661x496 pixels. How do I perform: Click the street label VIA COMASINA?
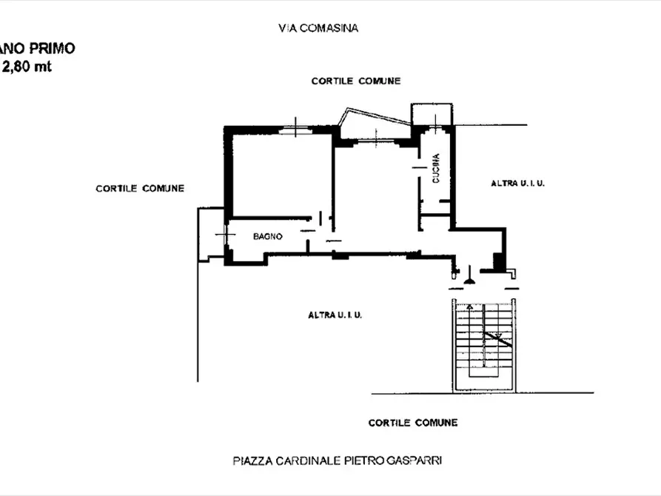click(318, 29)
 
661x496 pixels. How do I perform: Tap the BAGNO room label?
click(267, 236)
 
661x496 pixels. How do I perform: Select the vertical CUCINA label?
click(436, 168)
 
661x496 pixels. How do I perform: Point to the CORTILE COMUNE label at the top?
click(355, 81)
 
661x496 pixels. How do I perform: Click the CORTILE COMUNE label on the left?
click(139, 188)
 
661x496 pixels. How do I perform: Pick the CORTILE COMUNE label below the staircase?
click(412, 423)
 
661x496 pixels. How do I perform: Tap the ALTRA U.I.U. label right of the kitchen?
click(517, 183)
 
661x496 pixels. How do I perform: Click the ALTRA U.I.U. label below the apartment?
click(335, 315)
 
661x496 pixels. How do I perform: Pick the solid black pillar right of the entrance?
click(498, 261)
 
